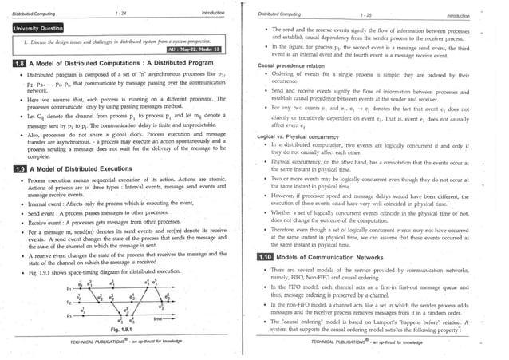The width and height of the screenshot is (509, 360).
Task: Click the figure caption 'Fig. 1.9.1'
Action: pyautogui.click(x=123, y=328)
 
